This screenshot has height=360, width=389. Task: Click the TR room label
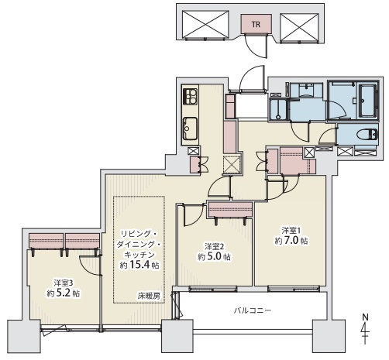(256, 24)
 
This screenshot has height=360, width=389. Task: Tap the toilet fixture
(367, 135)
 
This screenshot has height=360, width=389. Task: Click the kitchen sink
(190, 128)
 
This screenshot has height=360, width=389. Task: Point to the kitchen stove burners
(190, 97)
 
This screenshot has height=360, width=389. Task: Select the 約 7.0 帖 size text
(291, 241)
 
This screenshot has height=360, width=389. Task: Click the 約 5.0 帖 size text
(215, 257)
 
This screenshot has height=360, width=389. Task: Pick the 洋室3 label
(63, 283)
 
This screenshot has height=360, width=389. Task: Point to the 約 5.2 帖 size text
(63, 293)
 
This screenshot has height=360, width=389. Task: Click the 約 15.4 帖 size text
(139, 265)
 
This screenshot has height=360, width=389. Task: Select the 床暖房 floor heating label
(149, 296)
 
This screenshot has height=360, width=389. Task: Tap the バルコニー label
(253, 310)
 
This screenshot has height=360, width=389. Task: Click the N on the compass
(365, 317)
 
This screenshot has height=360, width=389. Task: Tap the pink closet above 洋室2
(230, 210)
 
